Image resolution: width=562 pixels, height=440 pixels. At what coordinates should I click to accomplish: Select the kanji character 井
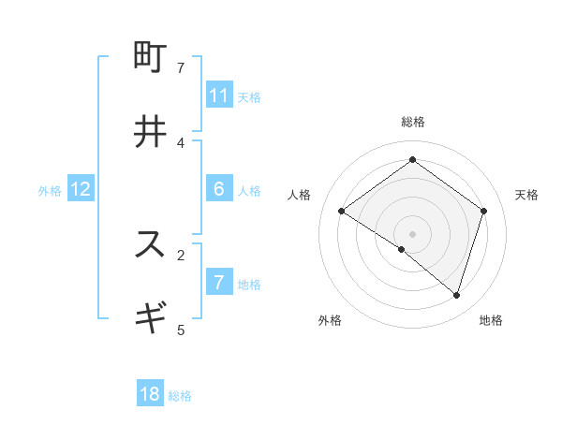click(150, 132)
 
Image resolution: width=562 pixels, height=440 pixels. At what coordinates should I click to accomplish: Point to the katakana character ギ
click(150, 316)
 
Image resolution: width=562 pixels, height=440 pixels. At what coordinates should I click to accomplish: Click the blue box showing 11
click(219, 95)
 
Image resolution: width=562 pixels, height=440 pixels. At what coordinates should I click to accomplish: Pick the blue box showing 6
click(219, 189)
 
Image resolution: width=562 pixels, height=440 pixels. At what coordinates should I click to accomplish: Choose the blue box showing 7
click(219, 282)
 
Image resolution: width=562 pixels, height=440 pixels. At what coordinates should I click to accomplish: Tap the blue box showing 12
click(81, 189)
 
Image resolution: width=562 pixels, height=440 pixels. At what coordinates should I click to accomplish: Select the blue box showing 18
click(150, 394)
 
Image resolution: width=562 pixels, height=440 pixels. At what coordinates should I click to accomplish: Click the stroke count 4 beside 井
click(181, 142)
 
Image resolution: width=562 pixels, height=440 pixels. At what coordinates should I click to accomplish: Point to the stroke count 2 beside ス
click(181, 254)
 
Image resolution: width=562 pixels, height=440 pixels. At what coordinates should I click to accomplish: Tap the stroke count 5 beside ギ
click(181, 329)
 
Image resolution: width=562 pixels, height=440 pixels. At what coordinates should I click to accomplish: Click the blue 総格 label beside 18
click(180, 396)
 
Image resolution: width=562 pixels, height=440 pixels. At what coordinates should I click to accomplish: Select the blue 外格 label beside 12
click(50, 191)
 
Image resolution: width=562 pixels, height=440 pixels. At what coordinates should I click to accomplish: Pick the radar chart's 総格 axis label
click(413, 122)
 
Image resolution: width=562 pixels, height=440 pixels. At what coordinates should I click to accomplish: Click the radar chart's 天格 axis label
click(526, 195)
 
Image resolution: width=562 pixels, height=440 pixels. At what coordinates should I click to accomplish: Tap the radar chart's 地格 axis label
click(491, 320)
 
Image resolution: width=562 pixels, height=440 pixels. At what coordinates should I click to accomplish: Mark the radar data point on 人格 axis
click(341, 212)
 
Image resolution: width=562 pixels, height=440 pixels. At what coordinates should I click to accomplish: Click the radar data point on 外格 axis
click(402, 249)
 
